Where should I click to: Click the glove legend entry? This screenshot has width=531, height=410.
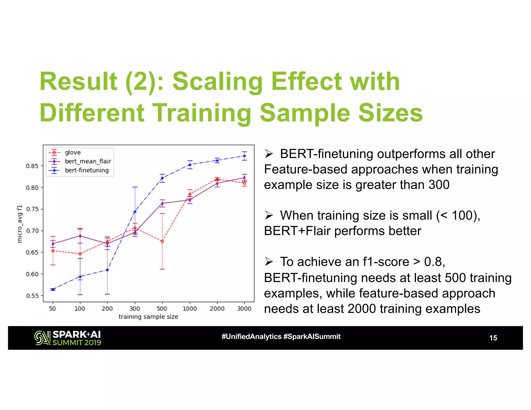pyautogui.click(x=73, y=152)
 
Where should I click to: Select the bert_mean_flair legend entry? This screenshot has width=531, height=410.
pyautogui.click(x=88, y=161)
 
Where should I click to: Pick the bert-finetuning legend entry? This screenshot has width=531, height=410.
pyautogui.click(x=87, y=170)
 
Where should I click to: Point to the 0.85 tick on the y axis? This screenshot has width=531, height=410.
pyautogui.click(x=32, y=166)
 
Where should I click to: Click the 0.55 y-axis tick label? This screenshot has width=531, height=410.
pyautogui.click(x=32, y=296)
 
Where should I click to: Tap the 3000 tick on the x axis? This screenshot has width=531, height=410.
pyautogui.click(x=244, y=309)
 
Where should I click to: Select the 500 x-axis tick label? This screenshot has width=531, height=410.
pyautogui.click(x=162, y=309)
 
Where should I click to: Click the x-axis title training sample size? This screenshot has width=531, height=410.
pyautogui.click(x=148, y=317)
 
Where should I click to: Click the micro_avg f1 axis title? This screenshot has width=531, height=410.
pyautogui.click(x=20, y=224)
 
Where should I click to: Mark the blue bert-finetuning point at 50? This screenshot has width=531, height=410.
pyautogui.click(x=53, y=289)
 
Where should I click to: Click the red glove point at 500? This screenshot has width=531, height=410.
pyautogui.click(x=162, y=242)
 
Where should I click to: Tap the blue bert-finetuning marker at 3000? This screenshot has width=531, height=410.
pyautogui.click(x=244, y=156)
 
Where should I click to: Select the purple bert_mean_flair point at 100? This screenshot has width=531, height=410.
pyautogui.click(x=80, y=236)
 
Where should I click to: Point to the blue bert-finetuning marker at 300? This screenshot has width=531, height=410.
pyautogui.click(x=135, y=212)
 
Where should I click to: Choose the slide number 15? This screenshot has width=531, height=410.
pyautogui.click(x=493, y=338)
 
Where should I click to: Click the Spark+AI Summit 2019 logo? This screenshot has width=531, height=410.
pyautogui.click(x=68, y=338)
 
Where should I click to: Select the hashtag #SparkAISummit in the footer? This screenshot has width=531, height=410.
pyautogui.click(x=312, y=337)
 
